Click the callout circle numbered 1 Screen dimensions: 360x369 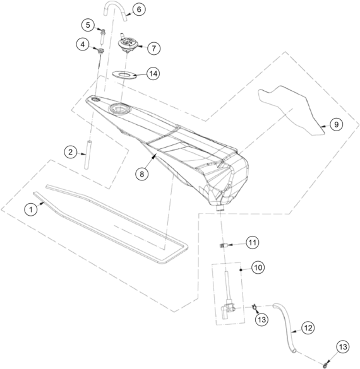point(31,209)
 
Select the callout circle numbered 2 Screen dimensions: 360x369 point(71,152)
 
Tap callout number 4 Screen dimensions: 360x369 point(83,44)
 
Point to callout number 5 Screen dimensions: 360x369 point(88,25)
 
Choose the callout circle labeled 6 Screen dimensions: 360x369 point(139,9)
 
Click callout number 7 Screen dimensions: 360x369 point(154,48)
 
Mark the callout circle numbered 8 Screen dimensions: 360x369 point(141,174)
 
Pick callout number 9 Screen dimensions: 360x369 point(336,124)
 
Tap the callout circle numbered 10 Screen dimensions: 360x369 point(258,267)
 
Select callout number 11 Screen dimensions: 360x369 point(253,242)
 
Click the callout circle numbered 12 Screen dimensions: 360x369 point(308,328)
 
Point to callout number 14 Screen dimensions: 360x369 point(153,73)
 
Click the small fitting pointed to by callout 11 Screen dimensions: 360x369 point(222,245)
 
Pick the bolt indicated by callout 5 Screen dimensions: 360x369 point(103,36)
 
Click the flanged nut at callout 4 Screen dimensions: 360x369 point(101,51)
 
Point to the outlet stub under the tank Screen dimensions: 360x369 point(220,208)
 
